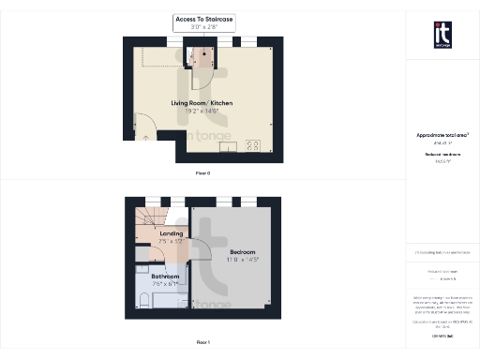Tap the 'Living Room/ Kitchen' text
click(202, 102)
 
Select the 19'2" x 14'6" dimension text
click(202, 112)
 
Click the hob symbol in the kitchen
click(252, 145)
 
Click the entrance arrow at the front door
click(145, 137)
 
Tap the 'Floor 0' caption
click(202, 173)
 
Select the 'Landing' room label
click(172, 232)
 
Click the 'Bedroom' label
click(242, 252)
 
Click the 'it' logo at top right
click(442, 34)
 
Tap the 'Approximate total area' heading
click(442, 135)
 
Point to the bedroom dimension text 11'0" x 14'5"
click(242, 261)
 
